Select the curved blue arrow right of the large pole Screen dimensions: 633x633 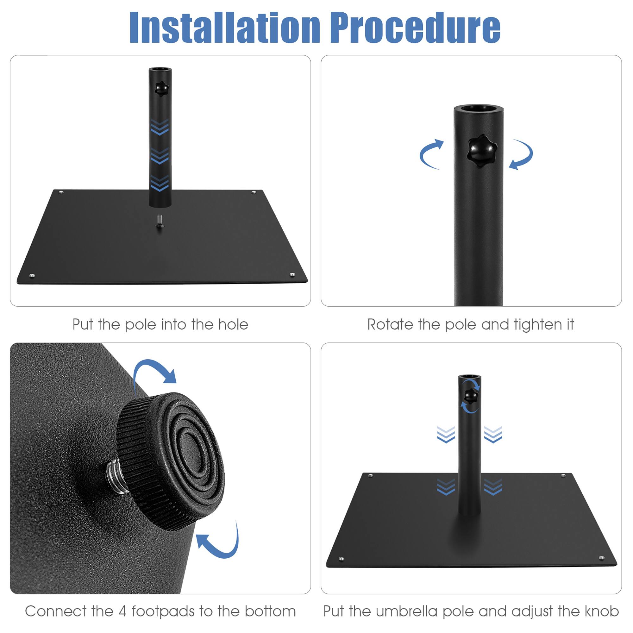click(x=522, y=154)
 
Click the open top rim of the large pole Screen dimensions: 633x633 click(x=479, y=109)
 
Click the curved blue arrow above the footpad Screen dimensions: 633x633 click(x=154, y=371)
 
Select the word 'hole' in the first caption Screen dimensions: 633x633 click(x=233, y=325)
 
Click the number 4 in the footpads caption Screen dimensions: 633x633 click(x=122, y=611)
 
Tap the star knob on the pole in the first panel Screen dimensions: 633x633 click(x=160, y=89)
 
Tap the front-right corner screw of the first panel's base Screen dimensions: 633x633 click(x=292, y=274)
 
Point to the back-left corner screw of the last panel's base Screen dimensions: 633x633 click(x=371, y=475)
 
